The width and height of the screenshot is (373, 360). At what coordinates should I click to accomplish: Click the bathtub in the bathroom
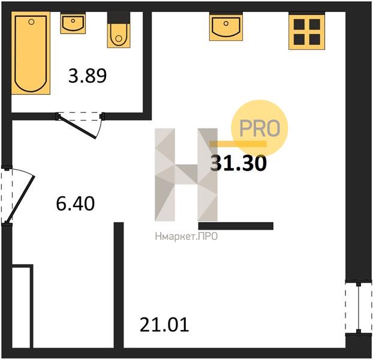click(31, 53)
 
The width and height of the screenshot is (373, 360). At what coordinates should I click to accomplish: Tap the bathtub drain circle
click(31, 22)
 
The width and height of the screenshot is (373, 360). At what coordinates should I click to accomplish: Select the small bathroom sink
click(73, 23)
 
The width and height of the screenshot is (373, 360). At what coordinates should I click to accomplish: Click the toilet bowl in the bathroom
click(119, 35)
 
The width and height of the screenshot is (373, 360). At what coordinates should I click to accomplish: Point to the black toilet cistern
click(119, 17)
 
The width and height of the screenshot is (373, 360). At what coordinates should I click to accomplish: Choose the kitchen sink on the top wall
click(226, 26)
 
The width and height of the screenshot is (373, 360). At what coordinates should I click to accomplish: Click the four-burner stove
click(306, 31)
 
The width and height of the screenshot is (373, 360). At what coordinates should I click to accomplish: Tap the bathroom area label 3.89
click(88, 76)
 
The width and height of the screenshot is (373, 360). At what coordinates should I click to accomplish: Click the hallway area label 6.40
click(75, 203)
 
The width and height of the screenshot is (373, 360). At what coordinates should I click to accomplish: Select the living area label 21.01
click(164, 325)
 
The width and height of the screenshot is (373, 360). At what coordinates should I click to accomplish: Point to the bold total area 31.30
click(238, 163)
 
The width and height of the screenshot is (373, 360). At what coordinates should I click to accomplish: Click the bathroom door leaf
click(77, 127)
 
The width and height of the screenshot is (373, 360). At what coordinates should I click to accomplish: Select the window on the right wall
click(359, 308)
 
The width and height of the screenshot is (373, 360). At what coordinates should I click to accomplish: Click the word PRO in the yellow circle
click(260, 128)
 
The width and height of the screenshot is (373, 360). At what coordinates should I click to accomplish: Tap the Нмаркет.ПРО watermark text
click(186, 236)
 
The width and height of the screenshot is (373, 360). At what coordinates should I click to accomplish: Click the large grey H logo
click(186, 175)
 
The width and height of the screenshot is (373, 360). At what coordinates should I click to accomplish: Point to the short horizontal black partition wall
click(236, 226)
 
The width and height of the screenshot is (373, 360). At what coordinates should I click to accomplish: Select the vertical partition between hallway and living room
click(119, 285)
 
